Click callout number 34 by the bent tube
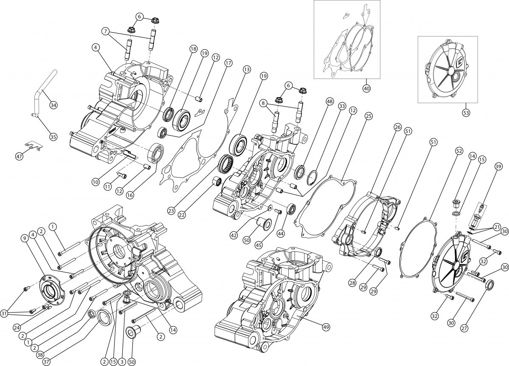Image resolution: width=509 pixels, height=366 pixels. point(53,104)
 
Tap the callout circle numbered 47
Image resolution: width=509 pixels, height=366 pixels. point(19,156)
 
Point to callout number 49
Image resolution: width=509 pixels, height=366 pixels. point(326,327)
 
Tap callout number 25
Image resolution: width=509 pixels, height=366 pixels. point(368,115)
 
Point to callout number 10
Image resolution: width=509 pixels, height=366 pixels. point(96,182)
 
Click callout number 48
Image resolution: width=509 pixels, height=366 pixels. point(329,102)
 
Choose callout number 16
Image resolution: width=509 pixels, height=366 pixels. point(129,195)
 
